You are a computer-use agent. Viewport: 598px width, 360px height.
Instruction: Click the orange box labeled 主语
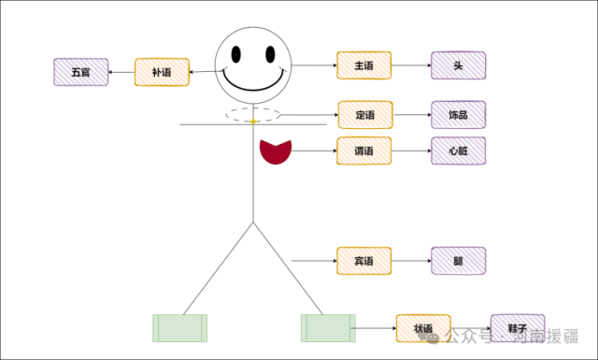(x=364, y=65)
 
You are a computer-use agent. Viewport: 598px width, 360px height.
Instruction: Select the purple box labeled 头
(x=459, y=65)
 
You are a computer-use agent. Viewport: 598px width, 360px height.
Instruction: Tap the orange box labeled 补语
(x=162, y=72)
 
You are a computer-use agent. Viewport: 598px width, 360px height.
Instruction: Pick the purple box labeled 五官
(x=82, y=72)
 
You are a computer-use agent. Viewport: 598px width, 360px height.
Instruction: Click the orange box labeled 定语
(x=364, y=115)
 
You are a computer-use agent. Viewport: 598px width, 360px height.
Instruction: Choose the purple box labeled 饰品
(x=459, y=115)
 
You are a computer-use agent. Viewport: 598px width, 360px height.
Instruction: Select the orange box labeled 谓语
(x=364, y=151)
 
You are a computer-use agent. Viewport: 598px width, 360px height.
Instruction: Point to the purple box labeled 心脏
(x=459, y=151)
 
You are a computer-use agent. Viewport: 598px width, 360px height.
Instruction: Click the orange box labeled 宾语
(x=364, y=260)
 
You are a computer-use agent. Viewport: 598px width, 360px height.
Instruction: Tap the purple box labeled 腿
(x=459, y=260)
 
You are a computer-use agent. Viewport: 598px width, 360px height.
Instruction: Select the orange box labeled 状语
(x=423, y=328)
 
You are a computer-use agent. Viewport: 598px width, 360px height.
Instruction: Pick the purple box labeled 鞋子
(x=517, y=328)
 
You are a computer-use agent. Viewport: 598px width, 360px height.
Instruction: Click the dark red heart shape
(x=276, y=151)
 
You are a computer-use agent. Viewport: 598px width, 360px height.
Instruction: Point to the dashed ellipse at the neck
(x=252, y=115)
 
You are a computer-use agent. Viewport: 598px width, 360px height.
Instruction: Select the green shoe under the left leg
(x=180, y=327)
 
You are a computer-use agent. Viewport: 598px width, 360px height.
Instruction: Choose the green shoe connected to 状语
(x=327, y=327)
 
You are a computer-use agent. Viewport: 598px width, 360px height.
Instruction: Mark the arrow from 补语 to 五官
(x=122, y=72)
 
